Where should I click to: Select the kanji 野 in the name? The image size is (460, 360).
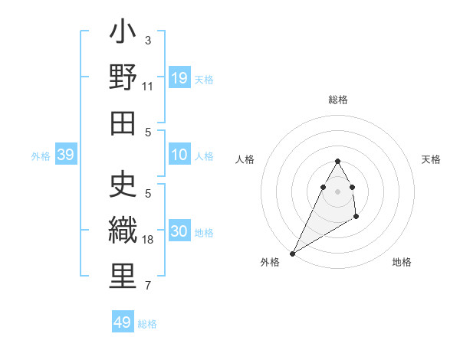coord(123,79)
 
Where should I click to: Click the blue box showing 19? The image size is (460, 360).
coord(179,78)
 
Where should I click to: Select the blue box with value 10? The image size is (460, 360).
coord(179,155)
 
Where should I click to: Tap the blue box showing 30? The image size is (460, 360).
coord(179,232)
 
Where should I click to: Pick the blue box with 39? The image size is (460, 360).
coord(65,155)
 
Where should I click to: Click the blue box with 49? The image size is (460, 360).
coord(122,322)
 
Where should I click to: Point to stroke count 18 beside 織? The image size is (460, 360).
coord(148,240)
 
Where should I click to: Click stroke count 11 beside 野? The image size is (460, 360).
coord(148,86)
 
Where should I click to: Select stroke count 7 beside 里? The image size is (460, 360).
coord(148,286)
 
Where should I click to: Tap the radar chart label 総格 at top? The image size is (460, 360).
coord(337,100)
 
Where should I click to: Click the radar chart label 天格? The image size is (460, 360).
coord(431,159)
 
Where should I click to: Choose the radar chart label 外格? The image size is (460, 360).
coord(269,262)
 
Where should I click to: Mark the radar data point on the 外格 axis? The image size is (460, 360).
coord(292,253)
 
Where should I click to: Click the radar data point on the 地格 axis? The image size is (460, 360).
coord(356,218)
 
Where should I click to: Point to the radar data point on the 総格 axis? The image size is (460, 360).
coord(337,161)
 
